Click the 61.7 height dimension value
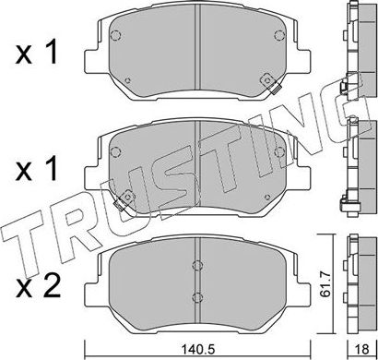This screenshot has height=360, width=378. pos(325,274)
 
